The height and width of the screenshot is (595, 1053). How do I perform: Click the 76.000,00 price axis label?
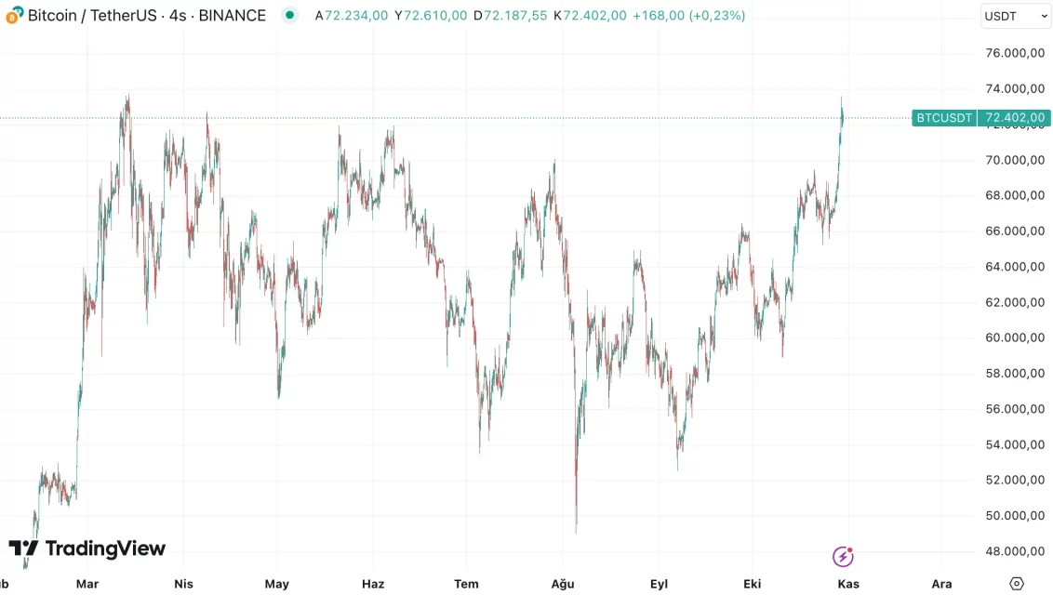click(1014, 53)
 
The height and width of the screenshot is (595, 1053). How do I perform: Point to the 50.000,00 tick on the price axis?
click(1014, 516)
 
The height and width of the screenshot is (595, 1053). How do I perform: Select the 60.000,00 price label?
click(1014, 338)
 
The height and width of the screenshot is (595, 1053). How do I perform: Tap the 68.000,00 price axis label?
click(1014, 196)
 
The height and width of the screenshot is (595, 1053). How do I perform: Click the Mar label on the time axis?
click(87, 584)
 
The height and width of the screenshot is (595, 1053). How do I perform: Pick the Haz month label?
click(372, 584)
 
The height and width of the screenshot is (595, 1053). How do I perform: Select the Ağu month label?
click(563, 584)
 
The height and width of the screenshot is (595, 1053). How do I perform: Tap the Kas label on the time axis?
click(848, 584)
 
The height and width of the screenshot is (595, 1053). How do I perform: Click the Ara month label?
click(941, 584)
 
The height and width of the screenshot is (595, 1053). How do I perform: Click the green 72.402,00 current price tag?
click(1015, 118)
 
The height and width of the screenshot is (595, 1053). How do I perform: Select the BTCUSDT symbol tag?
click(943, 118)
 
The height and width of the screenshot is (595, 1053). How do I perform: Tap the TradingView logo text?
click(104, 549)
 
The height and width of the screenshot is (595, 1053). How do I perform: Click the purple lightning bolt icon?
click(843, 557)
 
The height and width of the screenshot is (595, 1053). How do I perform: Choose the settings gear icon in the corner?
click(1017, 583)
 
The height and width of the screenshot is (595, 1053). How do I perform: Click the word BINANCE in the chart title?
click(233, 16)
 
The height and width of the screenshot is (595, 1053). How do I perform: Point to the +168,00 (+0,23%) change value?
click(688, 16)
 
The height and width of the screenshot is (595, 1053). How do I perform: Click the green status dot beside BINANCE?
click(290, 15)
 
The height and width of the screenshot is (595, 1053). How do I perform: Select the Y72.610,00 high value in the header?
click(431, 16)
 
